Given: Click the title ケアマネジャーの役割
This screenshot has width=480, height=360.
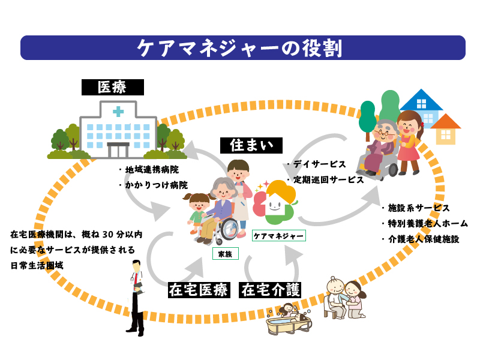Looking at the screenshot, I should click(x=240, y=48).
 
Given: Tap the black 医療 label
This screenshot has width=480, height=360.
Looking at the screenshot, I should click(x=112, y=87).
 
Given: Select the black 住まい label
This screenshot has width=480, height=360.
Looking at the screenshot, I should click(x=251, y=145).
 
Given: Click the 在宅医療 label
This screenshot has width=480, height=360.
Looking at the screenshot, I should click(x=199, y=290).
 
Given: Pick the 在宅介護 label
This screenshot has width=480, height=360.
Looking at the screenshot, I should click(x=270, y=290).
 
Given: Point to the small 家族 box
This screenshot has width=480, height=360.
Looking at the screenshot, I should click(x=225, y=254).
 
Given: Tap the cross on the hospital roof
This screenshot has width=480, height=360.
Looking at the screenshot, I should click(x=118, y=112).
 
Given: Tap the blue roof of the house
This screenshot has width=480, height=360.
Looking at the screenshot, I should click(x=421, y=101).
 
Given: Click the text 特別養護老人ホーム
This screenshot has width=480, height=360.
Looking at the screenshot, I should click(x=428, y=223).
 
